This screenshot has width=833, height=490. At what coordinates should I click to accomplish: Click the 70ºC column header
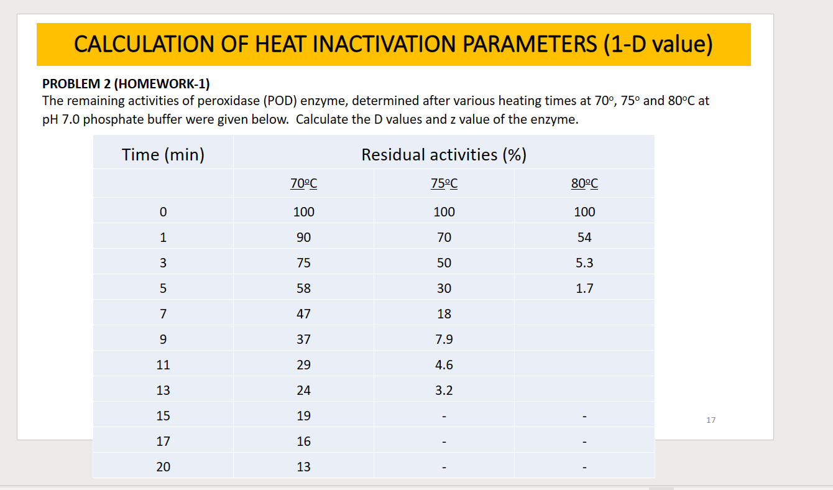point(303,183)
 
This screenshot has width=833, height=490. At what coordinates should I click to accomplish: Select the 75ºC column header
point(444,183)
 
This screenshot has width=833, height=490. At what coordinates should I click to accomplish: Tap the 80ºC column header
point(584,183)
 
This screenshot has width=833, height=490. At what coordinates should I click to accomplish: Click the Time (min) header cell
point(163,154)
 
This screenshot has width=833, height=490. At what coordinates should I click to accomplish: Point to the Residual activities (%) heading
point(444,154)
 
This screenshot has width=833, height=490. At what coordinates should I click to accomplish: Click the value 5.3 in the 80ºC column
point(584,262)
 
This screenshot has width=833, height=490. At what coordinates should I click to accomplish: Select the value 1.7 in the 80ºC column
point(584,288)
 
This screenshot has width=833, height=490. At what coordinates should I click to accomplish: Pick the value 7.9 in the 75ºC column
point(444,340)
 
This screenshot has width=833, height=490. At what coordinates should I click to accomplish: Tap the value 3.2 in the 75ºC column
point(444,391)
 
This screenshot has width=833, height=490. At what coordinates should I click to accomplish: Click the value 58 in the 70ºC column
point(303,288)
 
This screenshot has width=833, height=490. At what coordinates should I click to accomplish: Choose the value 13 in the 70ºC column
point(303,467)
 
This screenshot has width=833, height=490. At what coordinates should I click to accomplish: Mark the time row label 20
point(163,467)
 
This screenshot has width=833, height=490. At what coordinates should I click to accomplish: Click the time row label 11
point(163,365)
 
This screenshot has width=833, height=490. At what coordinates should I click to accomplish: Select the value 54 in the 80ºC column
point(584,237)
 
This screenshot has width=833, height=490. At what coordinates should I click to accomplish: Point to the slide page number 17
point(711,420)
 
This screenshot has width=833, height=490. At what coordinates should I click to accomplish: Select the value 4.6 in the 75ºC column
point(444,365)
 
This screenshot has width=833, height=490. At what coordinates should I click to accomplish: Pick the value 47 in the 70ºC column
point(303,314)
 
